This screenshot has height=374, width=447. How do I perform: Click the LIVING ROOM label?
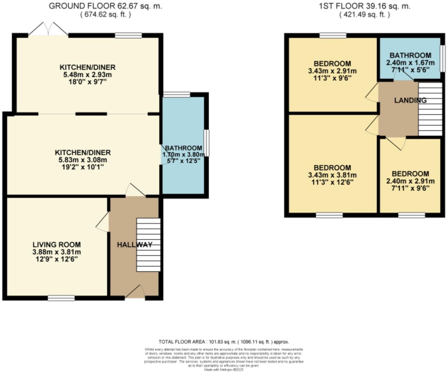57,245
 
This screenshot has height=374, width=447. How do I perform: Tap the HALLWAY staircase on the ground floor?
148,245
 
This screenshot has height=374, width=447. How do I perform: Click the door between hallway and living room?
103,222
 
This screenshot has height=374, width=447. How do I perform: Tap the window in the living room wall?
61,298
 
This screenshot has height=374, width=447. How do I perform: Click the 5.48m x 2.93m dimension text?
88,75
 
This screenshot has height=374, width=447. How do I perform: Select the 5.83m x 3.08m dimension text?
83,160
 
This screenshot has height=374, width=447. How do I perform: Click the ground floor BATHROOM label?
184,148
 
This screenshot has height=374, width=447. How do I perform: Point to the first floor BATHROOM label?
410,55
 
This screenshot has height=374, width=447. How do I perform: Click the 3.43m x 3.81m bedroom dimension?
332,175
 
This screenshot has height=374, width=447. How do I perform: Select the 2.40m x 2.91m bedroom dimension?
410,181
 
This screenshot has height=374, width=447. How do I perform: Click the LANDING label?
410,100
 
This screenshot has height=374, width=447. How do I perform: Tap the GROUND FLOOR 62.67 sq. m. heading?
106,6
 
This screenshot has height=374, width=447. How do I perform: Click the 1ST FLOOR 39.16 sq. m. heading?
365,6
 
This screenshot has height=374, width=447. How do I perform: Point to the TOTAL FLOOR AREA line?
224,342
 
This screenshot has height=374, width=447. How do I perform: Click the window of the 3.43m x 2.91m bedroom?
333,36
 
